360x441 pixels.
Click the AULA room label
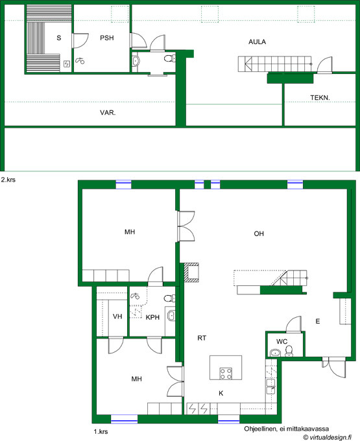point(257,42)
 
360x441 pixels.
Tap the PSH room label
point(107,38)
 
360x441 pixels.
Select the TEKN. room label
point(320,97)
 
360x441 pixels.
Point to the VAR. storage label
point(108,113)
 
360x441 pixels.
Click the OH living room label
point(259,233)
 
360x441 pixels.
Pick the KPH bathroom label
point(152,317)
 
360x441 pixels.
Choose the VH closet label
point(117,316)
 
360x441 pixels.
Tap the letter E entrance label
point(318,321)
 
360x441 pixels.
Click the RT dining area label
point(202,338)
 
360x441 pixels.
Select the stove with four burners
point(226,374)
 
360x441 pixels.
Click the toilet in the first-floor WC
point(289,352)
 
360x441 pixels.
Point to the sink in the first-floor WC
point(275,353)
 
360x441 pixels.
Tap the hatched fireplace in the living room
point(191,272)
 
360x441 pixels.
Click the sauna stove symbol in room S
point(67,64)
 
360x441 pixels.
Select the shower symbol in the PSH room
point(80,60)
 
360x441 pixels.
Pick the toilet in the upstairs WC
point(169,58)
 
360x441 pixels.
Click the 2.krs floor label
point(8,180)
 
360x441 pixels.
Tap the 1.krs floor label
point(101,431)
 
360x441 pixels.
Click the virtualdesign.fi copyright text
point(328,437)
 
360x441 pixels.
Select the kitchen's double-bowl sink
point(270,387)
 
